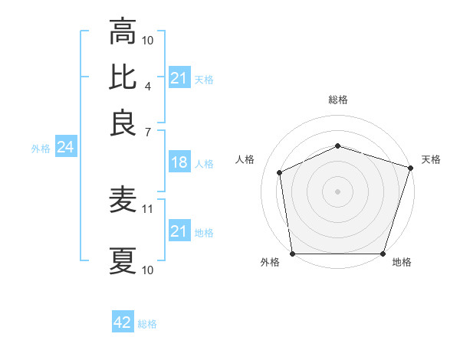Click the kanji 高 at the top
coord(123,32)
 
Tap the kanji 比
coord(123,77)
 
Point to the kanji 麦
coord(123,201)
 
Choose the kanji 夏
coord(123,261)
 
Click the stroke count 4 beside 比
coord(148,86)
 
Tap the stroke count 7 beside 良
coord(148,131)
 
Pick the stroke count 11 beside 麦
coord(149,208)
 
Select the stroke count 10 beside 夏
coord(149,270)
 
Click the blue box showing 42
coord(123,322)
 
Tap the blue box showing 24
coord(65,148)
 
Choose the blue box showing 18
coord(179,163)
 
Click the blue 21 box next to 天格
coord(179,78)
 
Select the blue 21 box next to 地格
coord(179,231)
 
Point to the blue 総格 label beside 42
coord(147,324)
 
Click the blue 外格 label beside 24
coord(41,149)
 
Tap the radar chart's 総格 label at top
coord(337,100)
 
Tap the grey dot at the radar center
coord(337,191)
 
